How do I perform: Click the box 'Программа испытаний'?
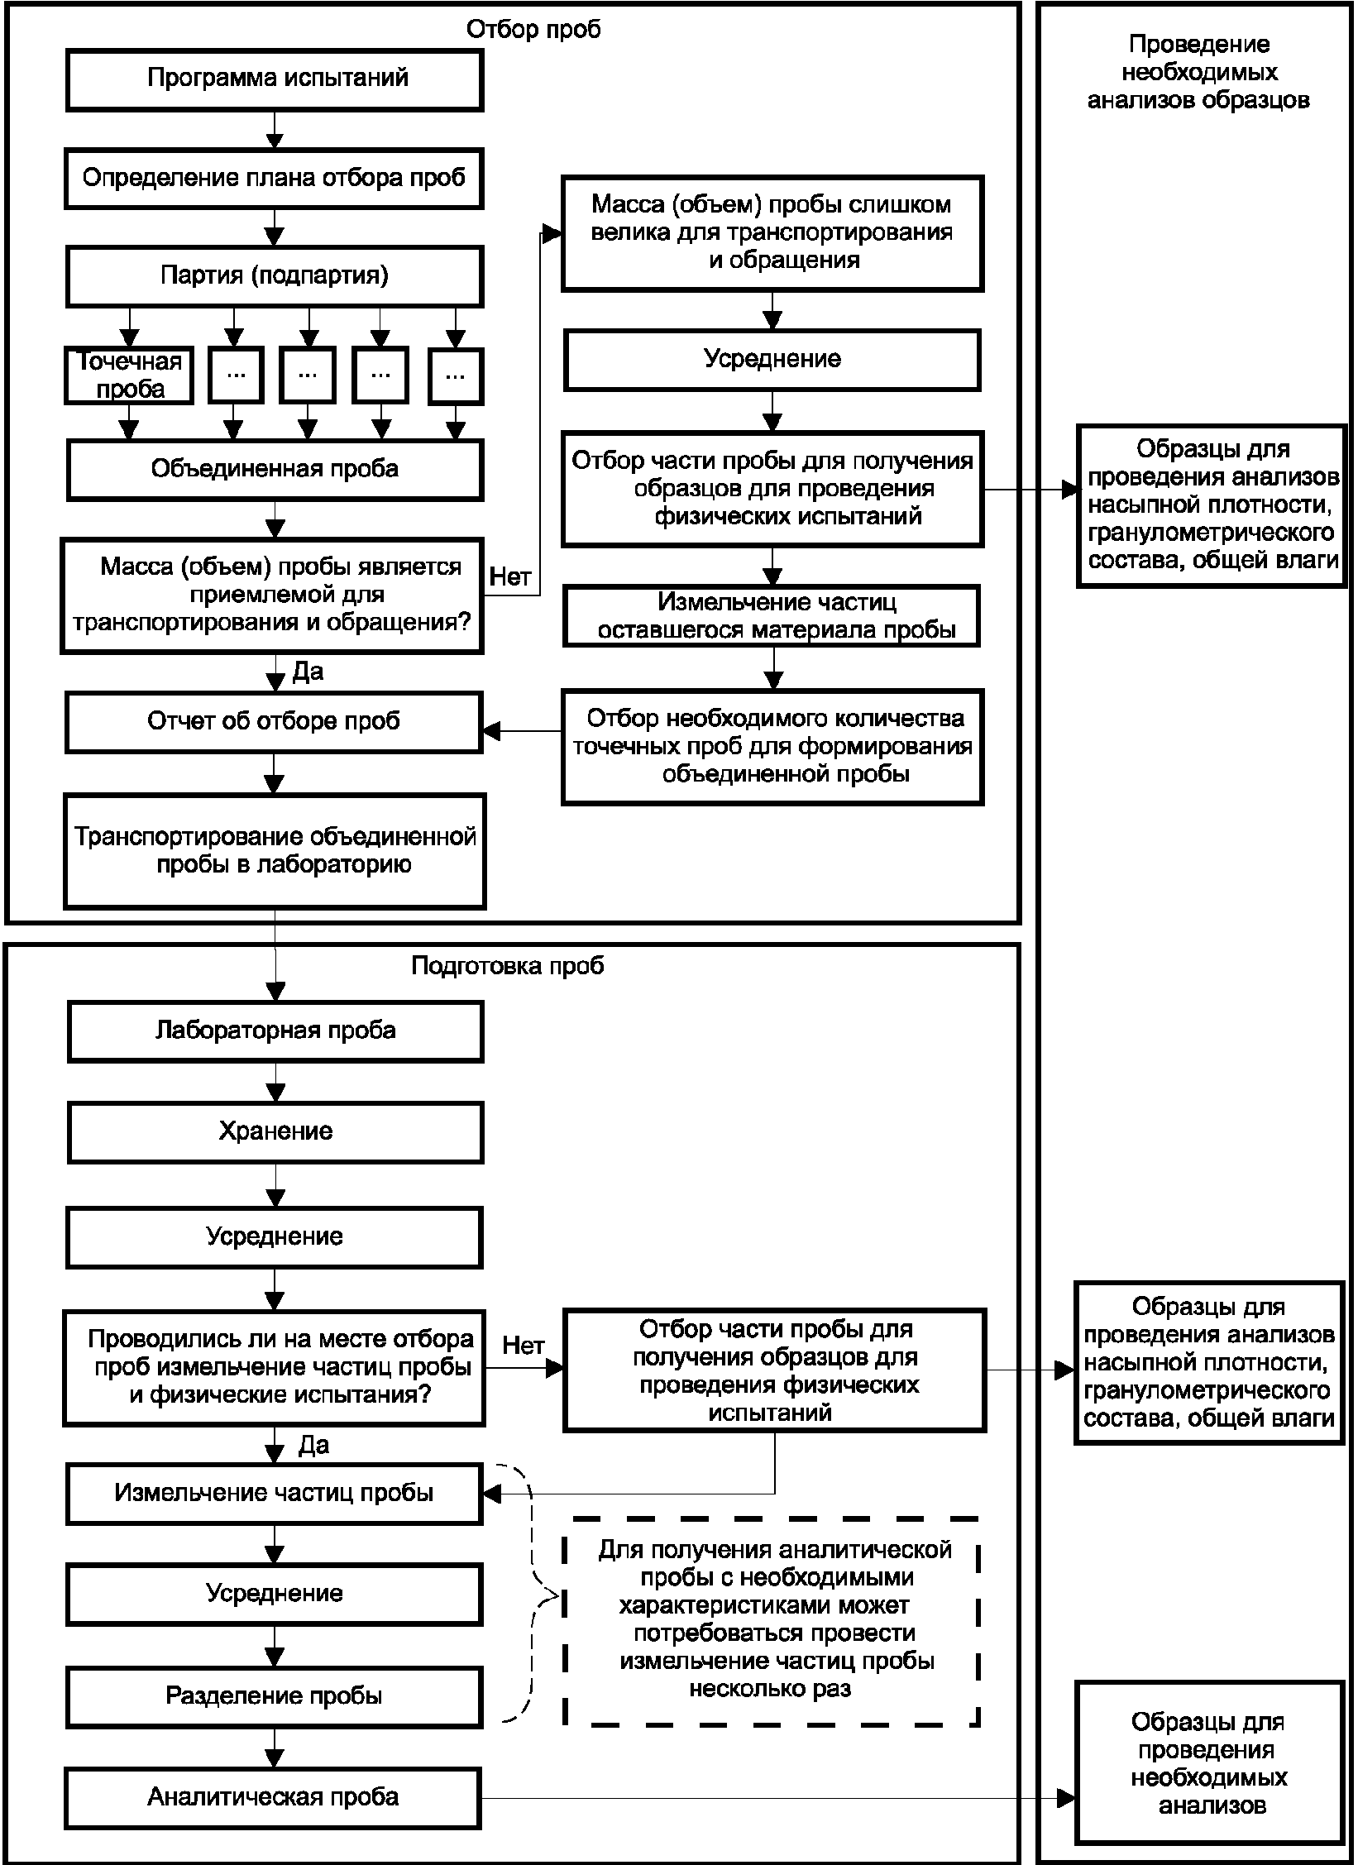[x=275, y=79]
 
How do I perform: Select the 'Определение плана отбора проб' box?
[x=275, y=178]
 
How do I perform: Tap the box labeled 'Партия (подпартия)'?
[x=275, y=276]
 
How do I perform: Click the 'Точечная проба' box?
[x=129, y=375]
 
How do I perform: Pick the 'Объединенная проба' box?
[x=275, y=470]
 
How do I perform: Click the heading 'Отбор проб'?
[x=533, y=30]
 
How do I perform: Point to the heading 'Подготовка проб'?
[x=508, y=966]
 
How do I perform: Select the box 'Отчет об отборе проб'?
[x=275, y=722]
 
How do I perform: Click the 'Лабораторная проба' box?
[x=275, y=1031]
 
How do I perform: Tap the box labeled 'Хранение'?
[x=275, y=1132]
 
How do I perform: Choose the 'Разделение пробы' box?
[x=275, y=1697]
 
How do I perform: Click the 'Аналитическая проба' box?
[x=274, y=1798]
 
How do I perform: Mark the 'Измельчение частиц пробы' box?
[x=275, y=1494]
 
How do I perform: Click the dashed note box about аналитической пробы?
[x=772, y=1622]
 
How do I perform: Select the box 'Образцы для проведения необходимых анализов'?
[x=1210, y=1775]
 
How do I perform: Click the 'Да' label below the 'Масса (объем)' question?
[x=308, y=672]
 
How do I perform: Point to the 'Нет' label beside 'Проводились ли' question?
[x=524, y=1346]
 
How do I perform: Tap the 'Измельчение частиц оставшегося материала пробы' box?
[x=772, y=617]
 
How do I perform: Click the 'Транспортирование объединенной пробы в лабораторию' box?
[x=275, y=851]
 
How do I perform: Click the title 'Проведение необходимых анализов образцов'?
[x=1198, y=72]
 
